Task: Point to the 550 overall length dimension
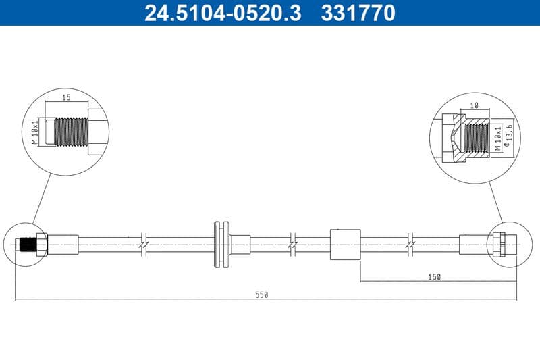[262, 294]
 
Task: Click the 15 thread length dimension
[66, 98]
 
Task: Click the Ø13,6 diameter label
[511, 136]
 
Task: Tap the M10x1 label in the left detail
[34, 131]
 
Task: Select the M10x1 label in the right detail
[497, 136]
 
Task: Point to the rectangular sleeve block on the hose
[345, 244]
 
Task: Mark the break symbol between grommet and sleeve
[292, 244]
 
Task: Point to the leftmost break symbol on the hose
[143, 244]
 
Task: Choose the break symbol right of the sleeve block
[410, 244]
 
